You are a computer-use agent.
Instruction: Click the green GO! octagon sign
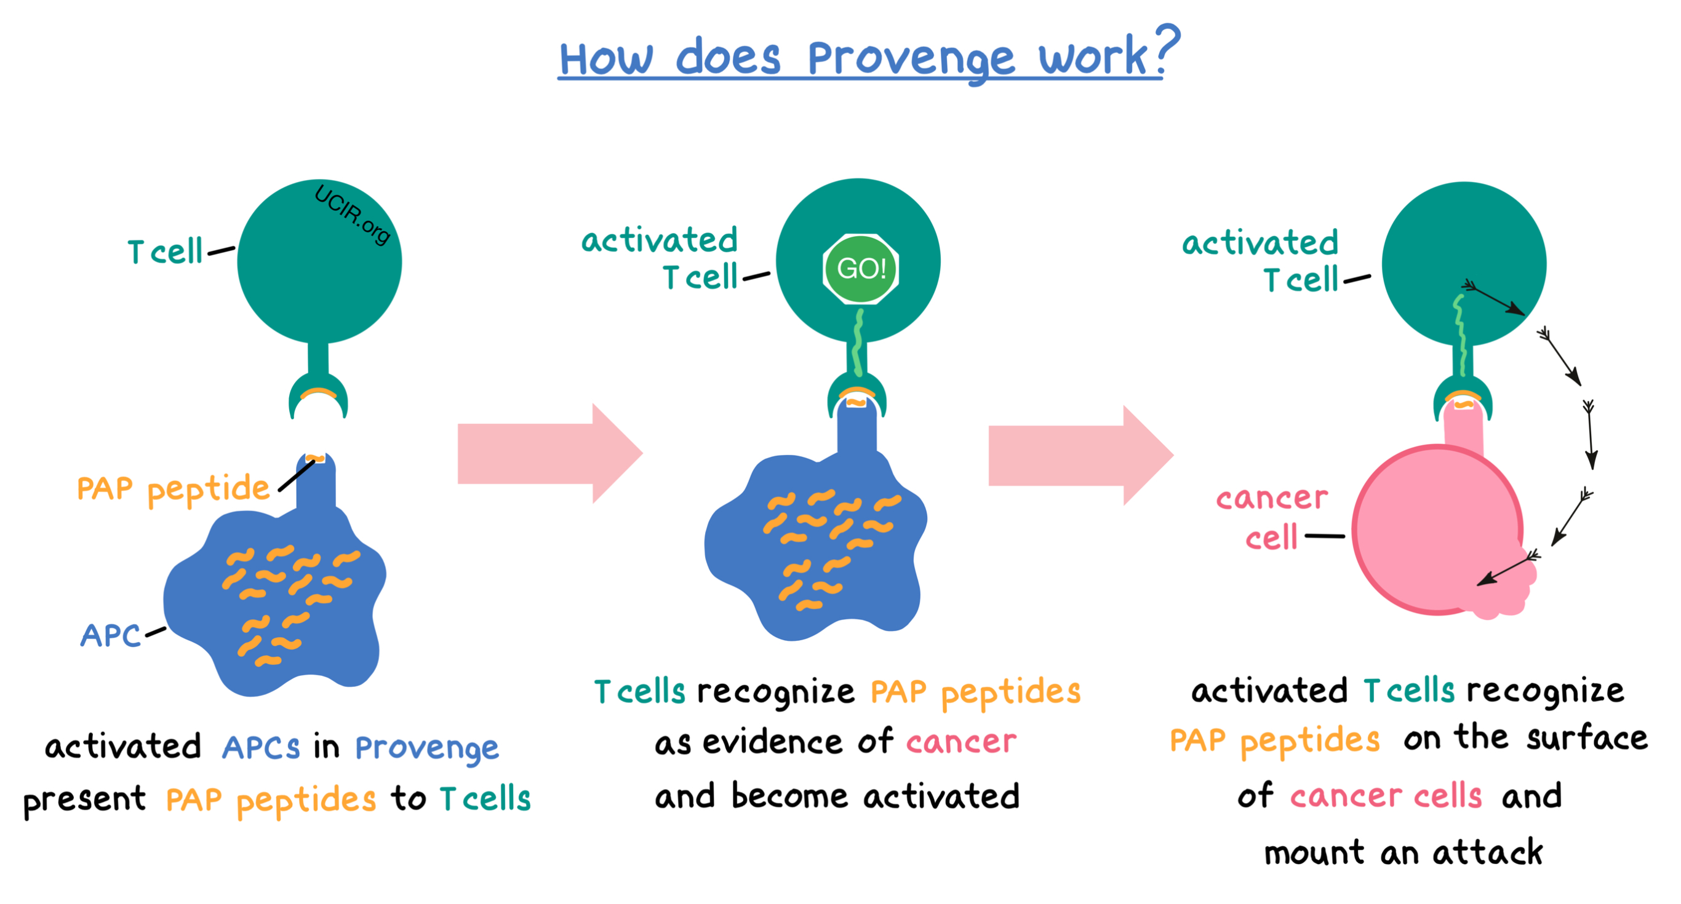coord(860,268)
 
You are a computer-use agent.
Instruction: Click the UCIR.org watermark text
coord(353,214)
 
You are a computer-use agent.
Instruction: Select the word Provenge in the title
coord(911,58)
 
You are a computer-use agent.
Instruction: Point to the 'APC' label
coord(110,635)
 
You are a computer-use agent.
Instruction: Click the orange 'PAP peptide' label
coord(173,489)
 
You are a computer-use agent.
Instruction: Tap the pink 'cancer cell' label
coord(1271,517)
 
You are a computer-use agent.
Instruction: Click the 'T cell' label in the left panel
coord(165,252)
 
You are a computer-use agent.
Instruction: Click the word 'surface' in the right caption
coord(1586,739)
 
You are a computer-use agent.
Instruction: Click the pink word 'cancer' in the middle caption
coord(960,742)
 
